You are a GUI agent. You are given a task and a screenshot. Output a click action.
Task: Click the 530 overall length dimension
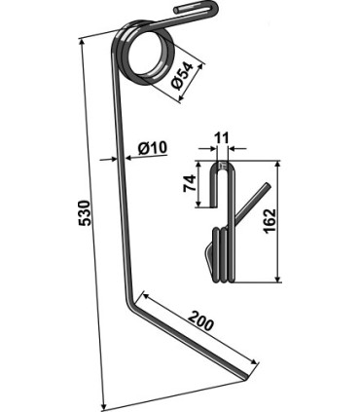click(84, 212)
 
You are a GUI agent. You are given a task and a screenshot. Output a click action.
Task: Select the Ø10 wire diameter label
click(153, 148)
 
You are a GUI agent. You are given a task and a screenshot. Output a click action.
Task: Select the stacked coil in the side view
click(223, 252)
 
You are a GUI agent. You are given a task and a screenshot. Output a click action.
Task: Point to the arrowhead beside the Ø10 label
click(124, 157)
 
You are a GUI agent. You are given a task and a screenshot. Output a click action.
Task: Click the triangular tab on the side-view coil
click(210, 258)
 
